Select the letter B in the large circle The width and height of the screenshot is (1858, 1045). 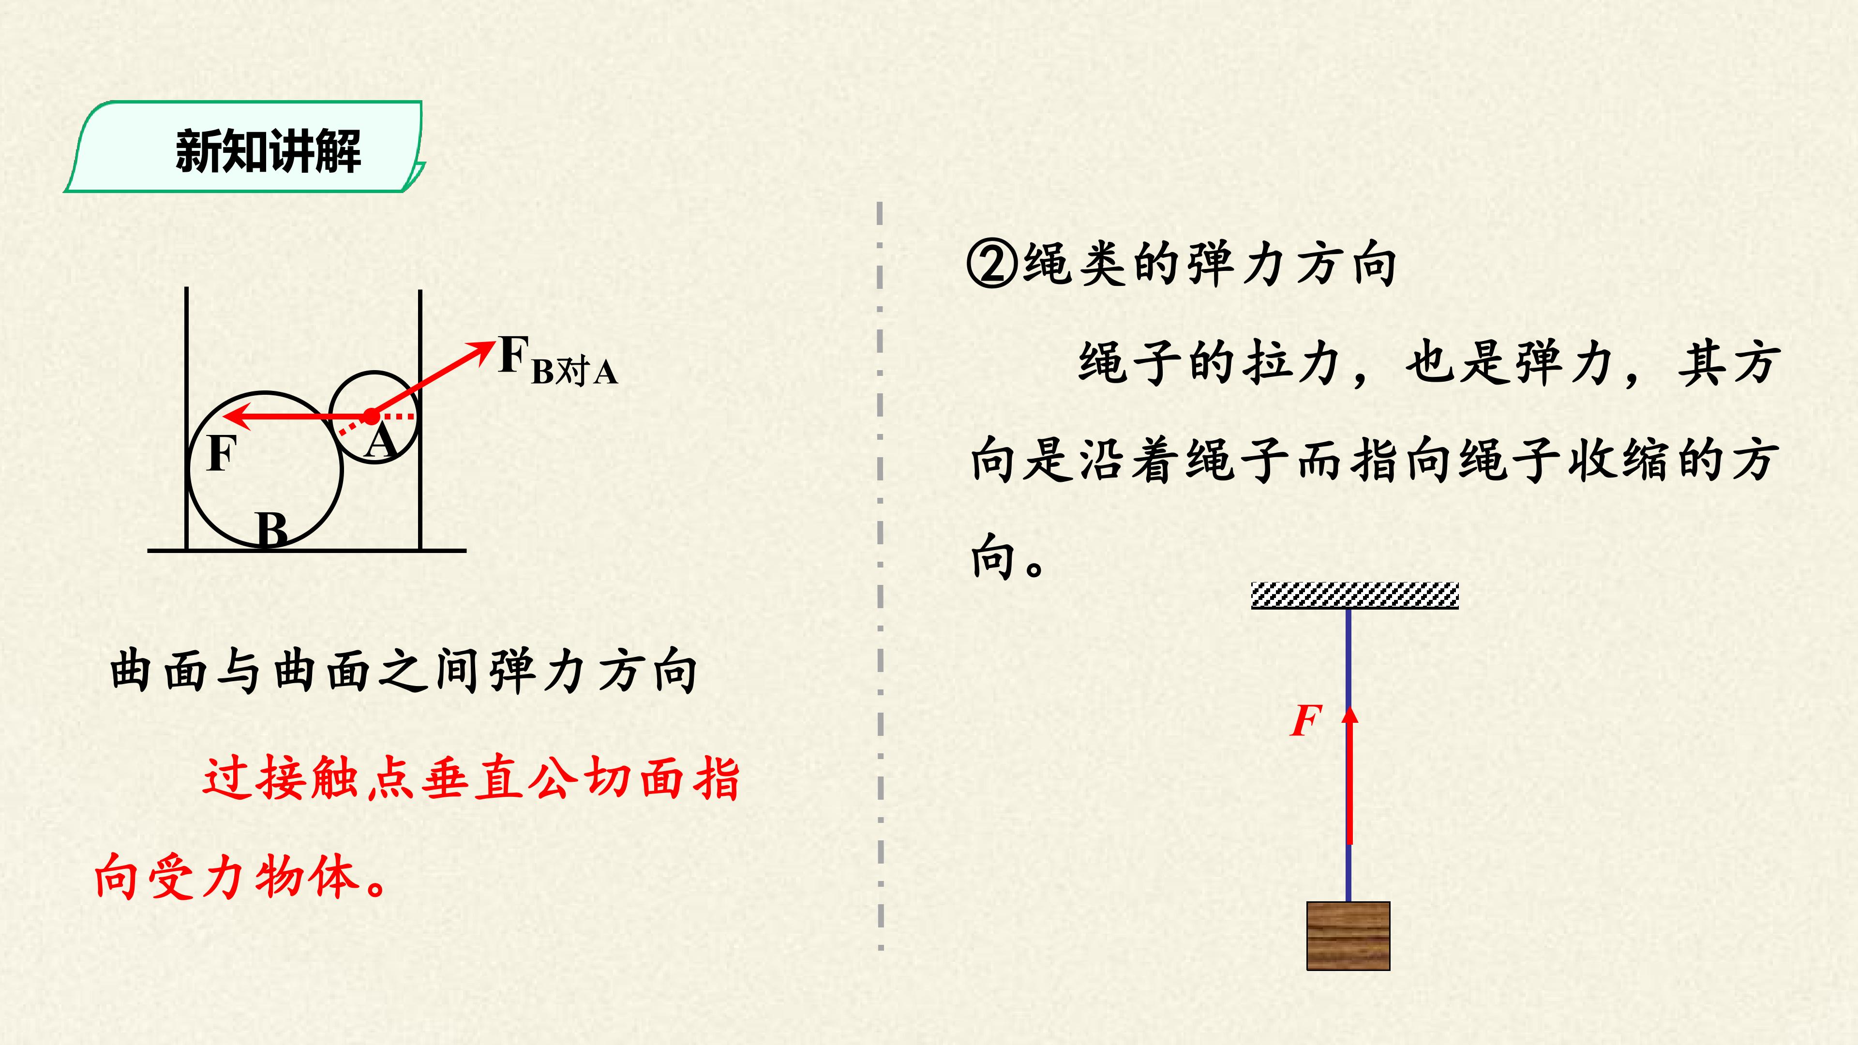point(272,530)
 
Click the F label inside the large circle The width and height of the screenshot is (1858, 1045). point(222,454)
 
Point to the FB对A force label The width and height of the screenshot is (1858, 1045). point(557,360)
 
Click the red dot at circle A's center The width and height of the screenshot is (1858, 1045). point(371,416)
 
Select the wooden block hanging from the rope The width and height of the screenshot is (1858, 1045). point(1348,935)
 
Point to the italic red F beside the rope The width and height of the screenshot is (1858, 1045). point(1305,720)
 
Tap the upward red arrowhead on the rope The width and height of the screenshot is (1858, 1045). point(1349,714)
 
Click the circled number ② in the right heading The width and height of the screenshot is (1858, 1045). point(992,264)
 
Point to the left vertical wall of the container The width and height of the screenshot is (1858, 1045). point(187,418)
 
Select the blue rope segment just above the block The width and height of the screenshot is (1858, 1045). point(1348,873)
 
